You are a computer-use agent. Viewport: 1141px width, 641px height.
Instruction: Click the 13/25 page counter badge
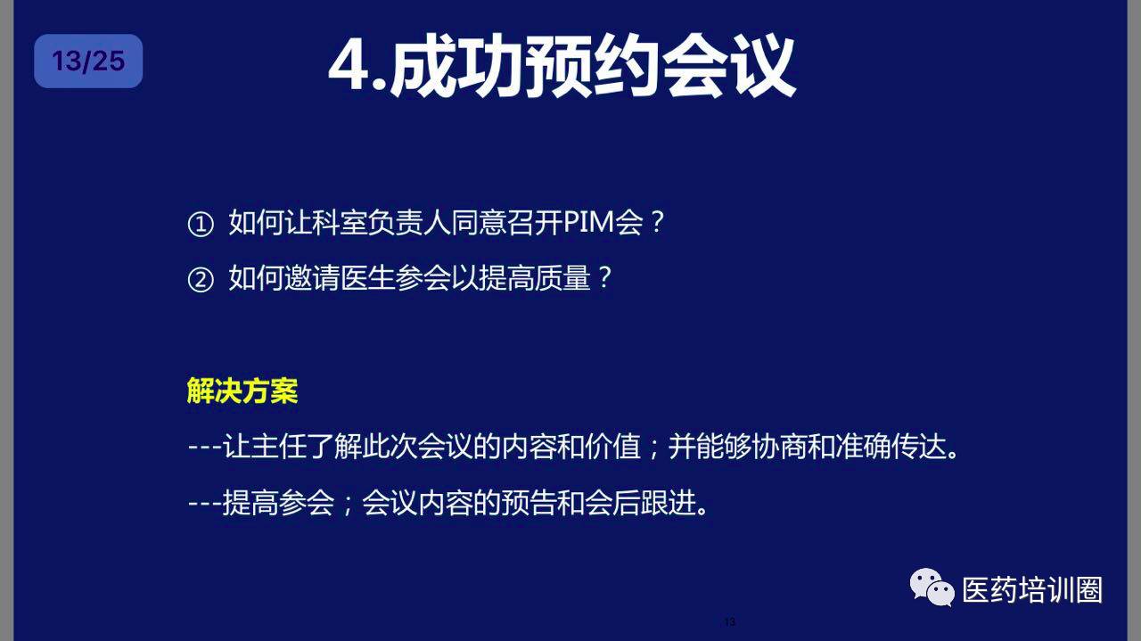pyautogui.click(x=88, y=62)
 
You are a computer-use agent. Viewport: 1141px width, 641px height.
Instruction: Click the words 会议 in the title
pyautogui.click(x=728, y=66)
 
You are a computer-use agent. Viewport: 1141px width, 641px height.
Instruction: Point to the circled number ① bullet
pyautogui.click(x=201, y=224)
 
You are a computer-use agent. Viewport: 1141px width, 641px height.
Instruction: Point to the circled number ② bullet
pyautogui.click(x=201, y=280)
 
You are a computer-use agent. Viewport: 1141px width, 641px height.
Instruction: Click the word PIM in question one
pyautogui.click(x=589, y=223)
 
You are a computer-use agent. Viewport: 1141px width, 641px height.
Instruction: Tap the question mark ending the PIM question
pyautogui.click(x=658, y=222)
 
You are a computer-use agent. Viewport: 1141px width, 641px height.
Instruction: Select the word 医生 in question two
pyautogui.click(x=368, y=278)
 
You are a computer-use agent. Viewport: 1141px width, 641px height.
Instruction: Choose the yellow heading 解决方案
pyautogui.click(x=242, y=391)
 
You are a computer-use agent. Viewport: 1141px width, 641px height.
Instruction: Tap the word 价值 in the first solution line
pyautogui.click(x=613, y=447)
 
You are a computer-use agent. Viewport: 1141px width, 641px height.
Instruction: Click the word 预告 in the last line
pyautogui.click(x=529, y=503)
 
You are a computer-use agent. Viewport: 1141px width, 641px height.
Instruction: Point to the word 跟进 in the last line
pyautogui.click(x=669, y=503)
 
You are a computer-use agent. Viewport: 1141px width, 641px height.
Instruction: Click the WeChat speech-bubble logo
pyautogui.click(x=932, y=588)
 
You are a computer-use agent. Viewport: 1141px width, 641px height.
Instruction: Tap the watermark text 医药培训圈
pyautogui.click(x=1032, y=590)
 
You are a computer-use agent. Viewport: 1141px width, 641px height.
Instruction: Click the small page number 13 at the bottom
pyautogui.click(x=730, y=621)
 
